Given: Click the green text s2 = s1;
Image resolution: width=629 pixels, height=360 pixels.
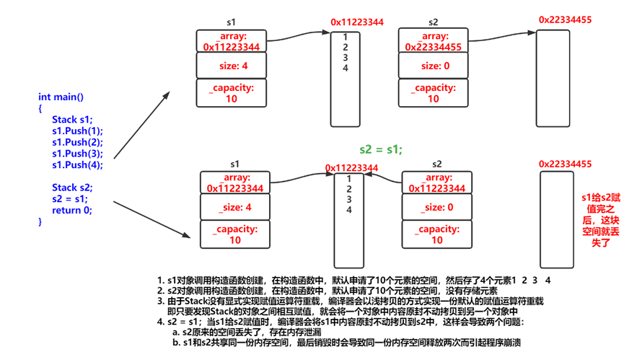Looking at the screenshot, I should [381, 149].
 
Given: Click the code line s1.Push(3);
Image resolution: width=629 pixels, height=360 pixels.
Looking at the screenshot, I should [77, 153].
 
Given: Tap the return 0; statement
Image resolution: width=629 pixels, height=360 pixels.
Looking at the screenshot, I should [72, 211].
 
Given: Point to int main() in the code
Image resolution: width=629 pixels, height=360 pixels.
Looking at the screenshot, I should [61, 97].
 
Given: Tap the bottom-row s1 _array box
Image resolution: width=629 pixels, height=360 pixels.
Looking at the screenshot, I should [235, 183].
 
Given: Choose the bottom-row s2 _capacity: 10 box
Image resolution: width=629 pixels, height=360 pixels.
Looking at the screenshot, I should [436, 234].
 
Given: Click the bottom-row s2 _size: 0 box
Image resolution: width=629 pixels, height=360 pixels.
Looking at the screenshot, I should [436, 207].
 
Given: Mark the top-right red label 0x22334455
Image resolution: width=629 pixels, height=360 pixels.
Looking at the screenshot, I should [566, 19].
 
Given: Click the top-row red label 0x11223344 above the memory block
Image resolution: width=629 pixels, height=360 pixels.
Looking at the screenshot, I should [357, 22].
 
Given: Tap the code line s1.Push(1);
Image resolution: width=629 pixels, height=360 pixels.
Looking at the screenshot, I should [77, 131].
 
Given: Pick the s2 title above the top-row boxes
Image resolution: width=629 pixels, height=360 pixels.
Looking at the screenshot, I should [433, 23].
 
